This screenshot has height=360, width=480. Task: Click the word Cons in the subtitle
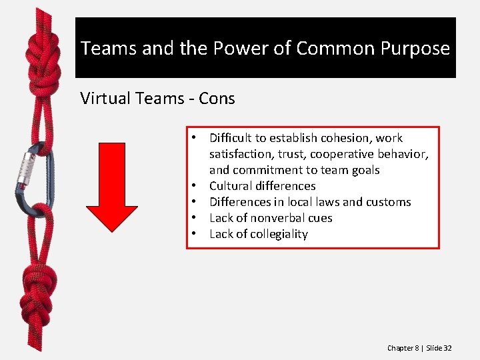pos(218,99)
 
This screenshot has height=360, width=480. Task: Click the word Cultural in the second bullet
pos(231,186)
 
